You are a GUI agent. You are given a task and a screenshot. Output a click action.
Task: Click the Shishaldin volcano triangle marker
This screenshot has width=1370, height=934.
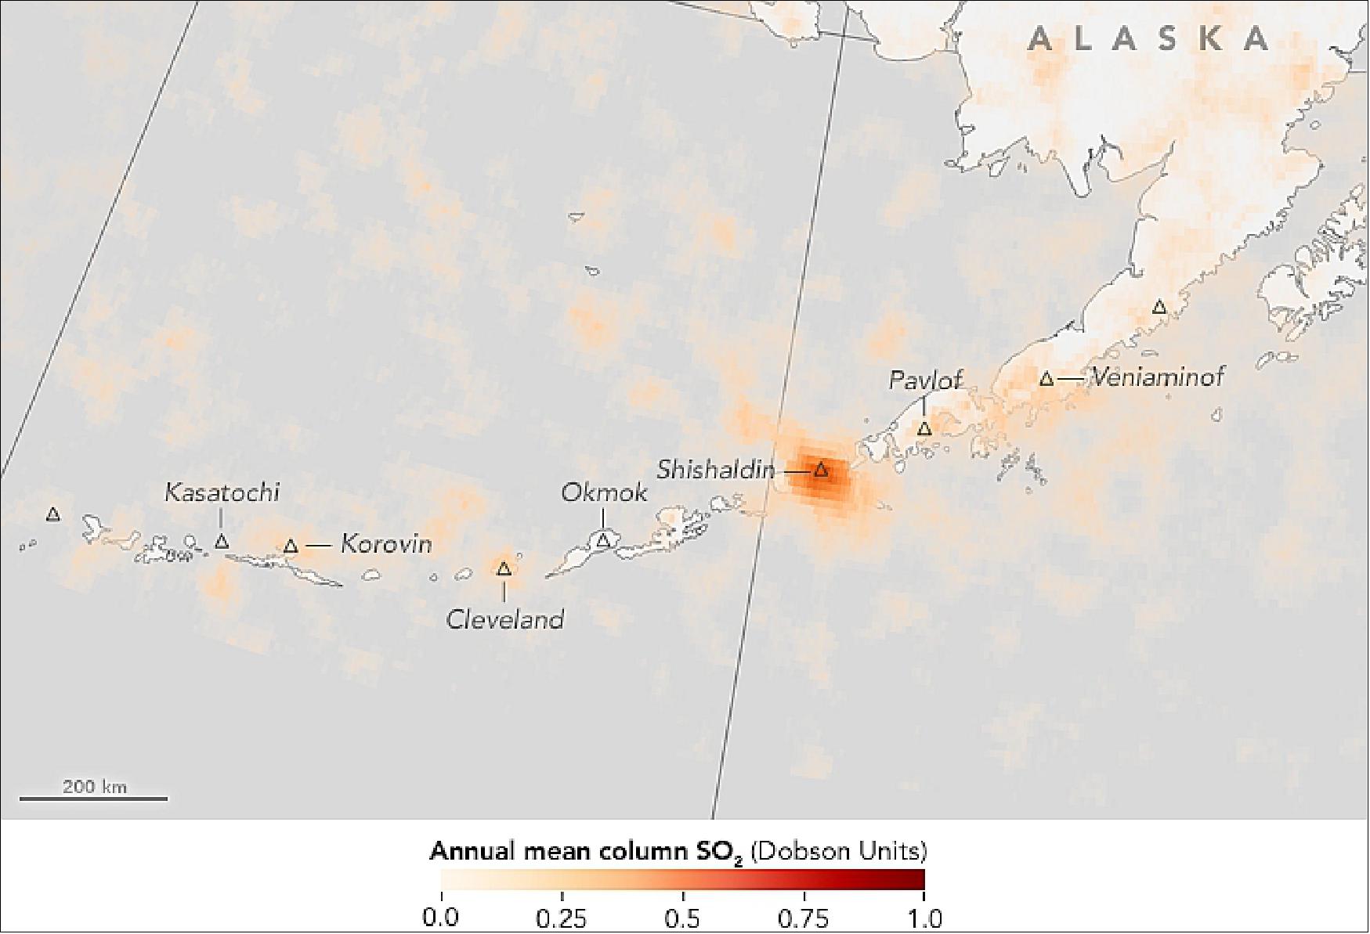(x=820, y=471)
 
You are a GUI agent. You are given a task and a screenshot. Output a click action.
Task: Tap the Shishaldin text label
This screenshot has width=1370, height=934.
(x=715, y=470)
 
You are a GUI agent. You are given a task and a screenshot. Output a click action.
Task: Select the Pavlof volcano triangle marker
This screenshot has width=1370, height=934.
(x=924, y=429)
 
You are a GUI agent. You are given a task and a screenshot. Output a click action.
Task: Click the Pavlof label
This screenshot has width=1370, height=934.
(x=924, y=381)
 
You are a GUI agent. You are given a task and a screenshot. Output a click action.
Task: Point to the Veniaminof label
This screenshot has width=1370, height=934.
(x=1157, y=377)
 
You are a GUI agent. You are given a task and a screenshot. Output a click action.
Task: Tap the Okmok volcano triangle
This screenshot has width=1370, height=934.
(x=603, y=540)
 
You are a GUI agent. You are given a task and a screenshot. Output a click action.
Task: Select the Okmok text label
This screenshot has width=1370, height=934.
(x=604, y=493)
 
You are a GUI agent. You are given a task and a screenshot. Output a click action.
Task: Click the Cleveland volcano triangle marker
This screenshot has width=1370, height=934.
(x=504, y=569)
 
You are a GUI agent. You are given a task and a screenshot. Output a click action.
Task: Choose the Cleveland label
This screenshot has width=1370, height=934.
(x=504, y=620)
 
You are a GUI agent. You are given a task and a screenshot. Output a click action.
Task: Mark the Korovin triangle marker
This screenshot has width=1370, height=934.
(x=291, y=546)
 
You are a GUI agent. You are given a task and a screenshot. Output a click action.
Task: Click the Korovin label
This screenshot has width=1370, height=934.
(x=386, y=544)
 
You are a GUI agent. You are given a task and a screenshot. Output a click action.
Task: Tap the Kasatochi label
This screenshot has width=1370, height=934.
(x=222, y=492)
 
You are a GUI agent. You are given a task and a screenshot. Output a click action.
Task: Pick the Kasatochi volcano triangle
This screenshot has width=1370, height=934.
(x=222, y=541)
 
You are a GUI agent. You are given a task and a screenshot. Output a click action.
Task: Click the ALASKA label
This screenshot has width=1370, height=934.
(x=1148, y=39)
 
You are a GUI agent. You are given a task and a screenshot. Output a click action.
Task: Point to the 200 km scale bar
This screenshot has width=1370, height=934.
(x=94, y=797)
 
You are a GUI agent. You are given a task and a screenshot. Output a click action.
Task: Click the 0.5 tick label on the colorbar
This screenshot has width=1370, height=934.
(x=682, y=918)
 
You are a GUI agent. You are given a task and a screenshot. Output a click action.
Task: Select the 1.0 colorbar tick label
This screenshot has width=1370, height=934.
(x=924, y=918)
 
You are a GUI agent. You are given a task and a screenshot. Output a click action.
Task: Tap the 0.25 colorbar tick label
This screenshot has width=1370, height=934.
(x=562, y=918)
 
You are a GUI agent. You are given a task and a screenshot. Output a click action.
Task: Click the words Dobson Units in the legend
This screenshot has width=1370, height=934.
(x=838, y=851)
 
